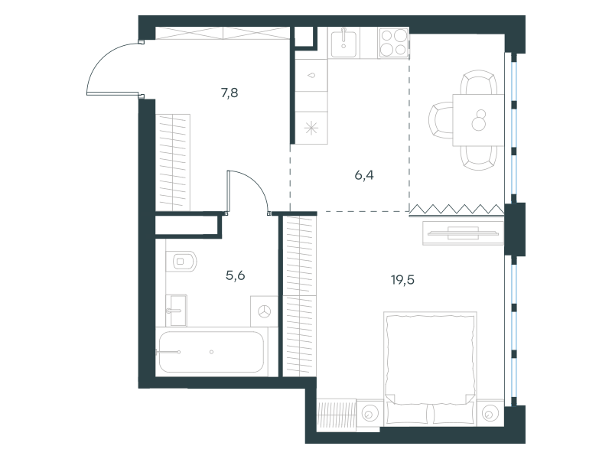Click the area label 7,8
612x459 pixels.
click(229, 93)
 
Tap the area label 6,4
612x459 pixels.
click(364, 176)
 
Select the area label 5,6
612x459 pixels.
click(236, 276)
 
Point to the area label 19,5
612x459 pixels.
click(403, 280)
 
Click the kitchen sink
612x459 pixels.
click(343, 42)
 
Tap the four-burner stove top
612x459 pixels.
click(393, 42)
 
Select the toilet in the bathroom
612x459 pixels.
click(181, 261)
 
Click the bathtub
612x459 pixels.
click(211, 352)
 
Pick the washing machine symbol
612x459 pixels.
click(264, 311)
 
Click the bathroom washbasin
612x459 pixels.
click(177, 311)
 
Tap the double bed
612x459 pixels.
click(430, 368)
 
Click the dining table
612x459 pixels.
click(479, 120)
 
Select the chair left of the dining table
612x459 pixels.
click(441, 120)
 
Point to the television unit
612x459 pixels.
click(464, 233)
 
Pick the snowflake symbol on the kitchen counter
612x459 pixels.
click(311, 128)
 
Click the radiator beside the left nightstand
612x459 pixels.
click(336, 414)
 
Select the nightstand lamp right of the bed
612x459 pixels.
click(489, 413)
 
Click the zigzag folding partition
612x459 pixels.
click(457, 210)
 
